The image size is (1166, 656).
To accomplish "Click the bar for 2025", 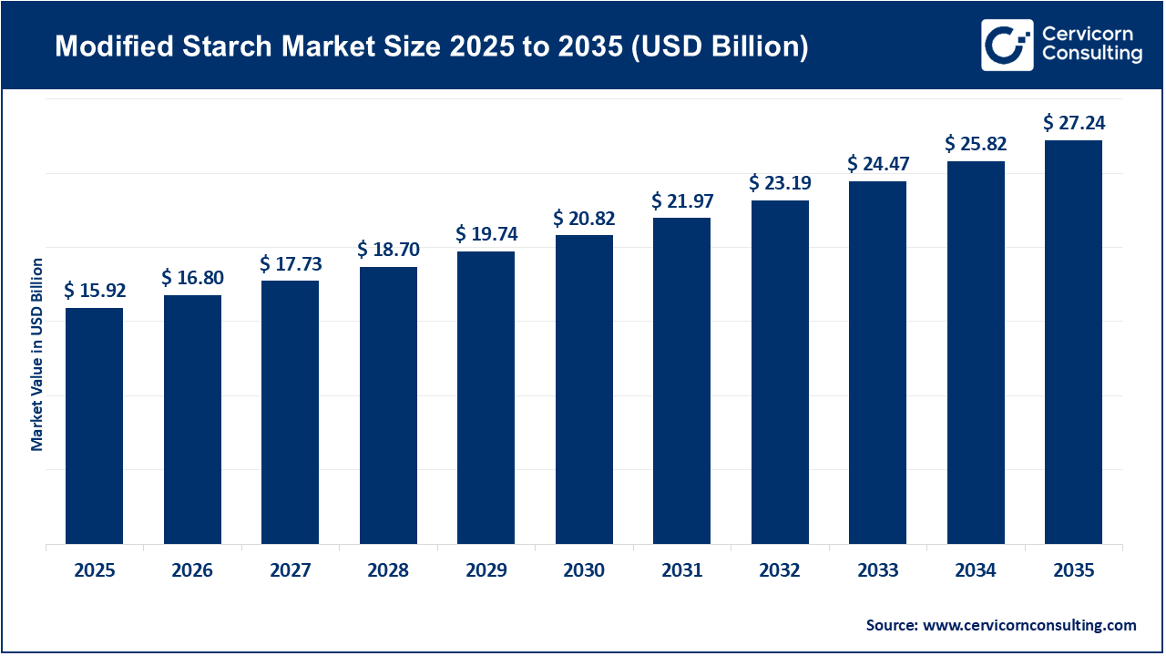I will coord(94,426).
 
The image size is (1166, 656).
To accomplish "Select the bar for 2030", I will coord(584,390).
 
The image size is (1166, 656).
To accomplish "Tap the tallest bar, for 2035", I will coord(1073,343).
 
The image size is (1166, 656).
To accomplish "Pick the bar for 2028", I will coord(388,405).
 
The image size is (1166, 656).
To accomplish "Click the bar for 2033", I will coord(877,363).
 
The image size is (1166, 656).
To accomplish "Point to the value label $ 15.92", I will coord(95,291).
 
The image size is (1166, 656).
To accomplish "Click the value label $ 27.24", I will coord(1073,123).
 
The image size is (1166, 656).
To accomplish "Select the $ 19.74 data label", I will coord(486,234).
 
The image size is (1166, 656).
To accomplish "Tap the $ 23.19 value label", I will coord(780,183).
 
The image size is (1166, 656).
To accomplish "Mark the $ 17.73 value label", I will coord(291,264).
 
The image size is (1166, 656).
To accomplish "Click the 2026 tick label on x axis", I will coord(192,571).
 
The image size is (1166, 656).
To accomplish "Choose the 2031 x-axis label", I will coord(681,571).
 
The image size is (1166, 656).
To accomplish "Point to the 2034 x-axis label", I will coord(976,571).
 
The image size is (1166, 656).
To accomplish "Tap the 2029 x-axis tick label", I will coord(486,571).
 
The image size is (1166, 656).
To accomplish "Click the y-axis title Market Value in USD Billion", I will coord(37,354).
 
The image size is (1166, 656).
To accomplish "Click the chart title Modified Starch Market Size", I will coord(431,47).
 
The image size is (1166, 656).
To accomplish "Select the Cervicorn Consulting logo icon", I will coord(1007,45).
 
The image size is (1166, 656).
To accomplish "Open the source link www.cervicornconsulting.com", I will coord(1029,625).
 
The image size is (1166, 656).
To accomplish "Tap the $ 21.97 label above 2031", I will coord(681,200).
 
